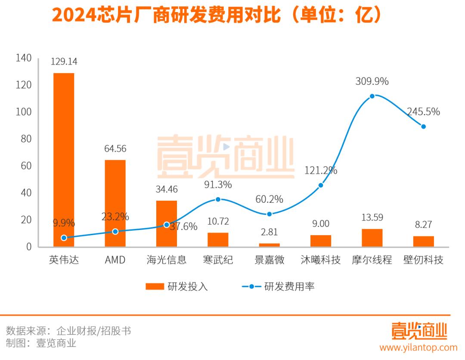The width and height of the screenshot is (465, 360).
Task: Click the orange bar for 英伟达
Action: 64,159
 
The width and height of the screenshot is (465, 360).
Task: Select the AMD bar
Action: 115,203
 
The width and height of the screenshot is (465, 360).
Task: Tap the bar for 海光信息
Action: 166,223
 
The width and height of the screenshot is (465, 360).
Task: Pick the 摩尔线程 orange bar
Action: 372,238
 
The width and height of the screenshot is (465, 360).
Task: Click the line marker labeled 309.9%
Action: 372,96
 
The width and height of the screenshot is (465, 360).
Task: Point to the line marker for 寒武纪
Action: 218,199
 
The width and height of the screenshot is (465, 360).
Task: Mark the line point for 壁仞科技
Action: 424,127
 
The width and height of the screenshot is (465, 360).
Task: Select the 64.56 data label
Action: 115,149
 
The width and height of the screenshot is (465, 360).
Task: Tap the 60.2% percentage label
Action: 269,199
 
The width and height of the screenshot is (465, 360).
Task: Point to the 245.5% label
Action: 424,112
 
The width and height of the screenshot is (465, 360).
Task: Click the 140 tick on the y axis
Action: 24,58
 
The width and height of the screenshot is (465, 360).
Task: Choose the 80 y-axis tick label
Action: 26,139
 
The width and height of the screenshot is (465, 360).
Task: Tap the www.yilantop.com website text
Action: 418,347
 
